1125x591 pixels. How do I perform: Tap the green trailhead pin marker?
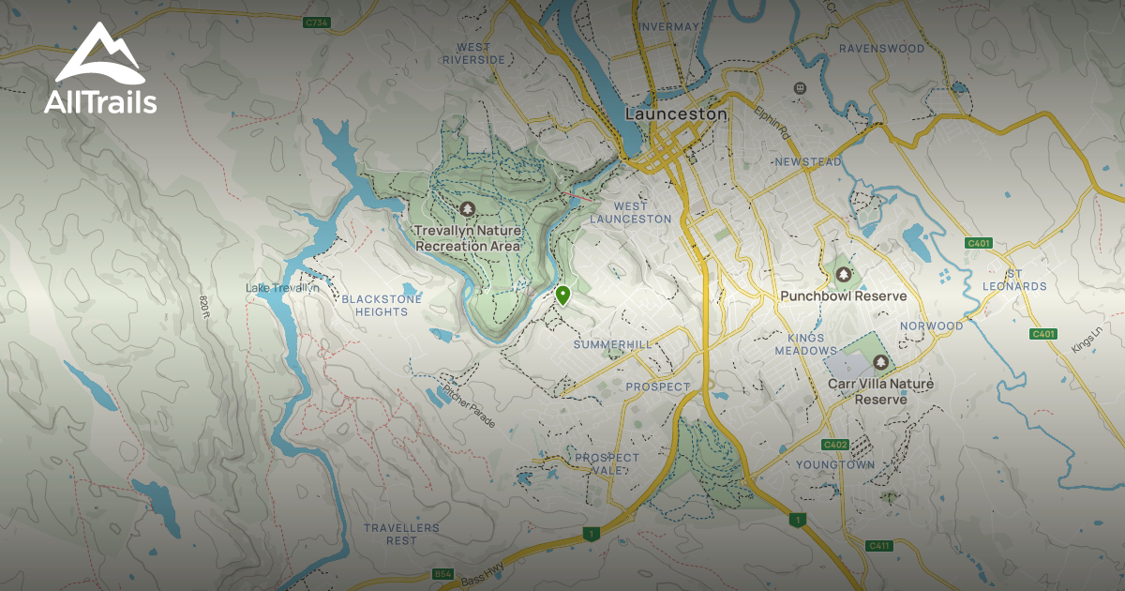[562, 295]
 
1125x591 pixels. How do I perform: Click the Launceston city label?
[676, 114]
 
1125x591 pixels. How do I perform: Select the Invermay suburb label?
[668, 26]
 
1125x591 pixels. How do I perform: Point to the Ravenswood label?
[881, 48]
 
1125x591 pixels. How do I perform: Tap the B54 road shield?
[442, 573]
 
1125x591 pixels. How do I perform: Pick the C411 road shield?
[878, 546]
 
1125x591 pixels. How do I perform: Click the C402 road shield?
[834, 445]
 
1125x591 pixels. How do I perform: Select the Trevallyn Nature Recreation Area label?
[467, 237]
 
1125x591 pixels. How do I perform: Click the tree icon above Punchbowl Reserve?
[844, 275]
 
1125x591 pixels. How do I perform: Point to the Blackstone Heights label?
[382, 305]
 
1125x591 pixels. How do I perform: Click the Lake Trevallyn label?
[282, 288]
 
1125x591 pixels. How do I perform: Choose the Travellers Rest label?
[401, 534]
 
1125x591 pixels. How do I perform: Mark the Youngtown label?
[835, 464]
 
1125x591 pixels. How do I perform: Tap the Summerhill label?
[612, 345]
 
